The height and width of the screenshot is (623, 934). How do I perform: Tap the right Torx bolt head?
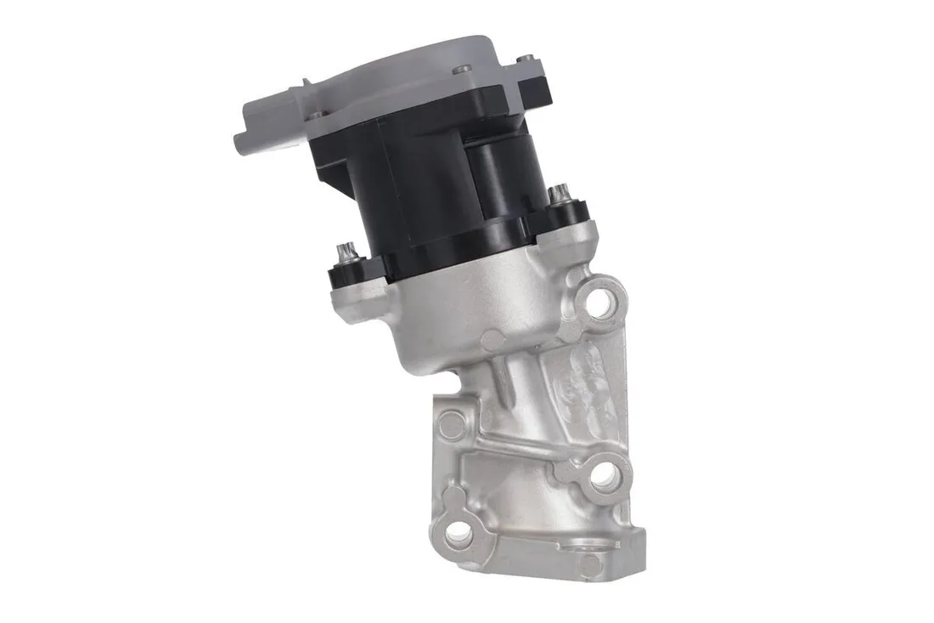coord(558,196)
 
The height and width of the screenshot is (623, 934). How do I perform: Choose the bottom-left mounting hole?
coord(459,532)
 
